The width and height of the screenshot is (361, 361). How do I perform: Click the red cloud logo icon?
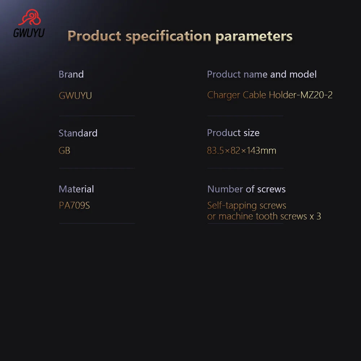[30, 17]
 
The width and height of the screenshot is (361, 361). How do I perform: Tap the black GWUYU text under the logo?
[29, 33]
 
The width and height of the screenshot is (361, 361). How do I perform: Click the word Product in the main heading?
[94, 36]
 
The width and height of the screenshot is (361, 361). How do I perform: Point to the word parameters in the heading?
[254, 37]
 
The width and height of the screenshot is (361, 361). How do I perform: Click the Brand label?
[71, 74]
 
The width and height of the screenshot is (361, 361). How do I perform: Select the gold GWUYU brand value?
[75, 96]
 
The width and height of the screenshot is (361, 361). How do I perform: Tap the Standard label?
[78, 133]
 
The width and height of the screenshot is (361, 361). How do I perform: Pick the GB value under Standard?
[65, 151]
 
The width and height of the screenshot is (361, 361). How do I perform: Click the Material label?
[76, 189]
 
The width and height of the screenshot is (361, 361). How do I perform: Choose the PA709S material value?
[74, 205]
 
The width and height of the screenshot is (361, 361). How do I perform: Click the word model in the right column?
[303, 74]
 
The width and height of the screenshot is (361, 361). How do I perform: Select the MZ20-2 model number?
[316, 95]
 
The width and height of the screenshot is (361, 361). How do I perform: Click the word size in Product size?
[251, 133]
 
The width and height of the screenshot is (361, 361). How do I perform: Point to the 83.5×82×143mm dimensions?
[242, 151]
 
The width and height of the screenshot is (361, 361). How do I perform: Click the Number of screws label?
[246, 189]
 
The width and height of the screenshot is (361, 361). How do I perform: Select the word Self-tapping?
[232, 206]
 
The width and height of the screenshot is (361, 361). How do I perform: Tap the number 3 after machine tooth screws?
[319, 216]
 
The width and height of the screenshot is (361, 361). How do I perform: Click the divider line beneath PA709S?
[97, 223]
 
